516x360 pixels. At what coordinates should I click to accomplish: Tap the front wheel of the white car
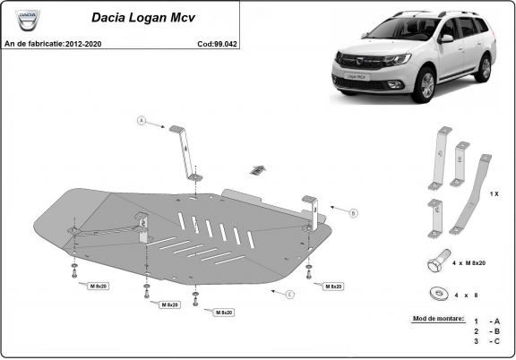(x=426, y=88)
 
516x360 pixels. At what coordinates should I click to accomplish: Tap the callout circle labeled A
(x=141, y=120)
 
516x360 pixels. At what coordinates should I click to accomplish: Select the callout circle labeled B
(x=353, y=212)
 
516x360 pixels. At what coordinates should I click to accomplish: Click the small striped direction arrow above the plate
(x=258, y=169)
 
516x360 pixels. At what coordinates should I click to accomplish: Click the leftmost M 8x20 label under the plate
(x=99, y=286)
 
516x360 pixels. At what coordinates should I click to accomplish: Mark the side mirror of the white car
(x=445, y=39)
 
